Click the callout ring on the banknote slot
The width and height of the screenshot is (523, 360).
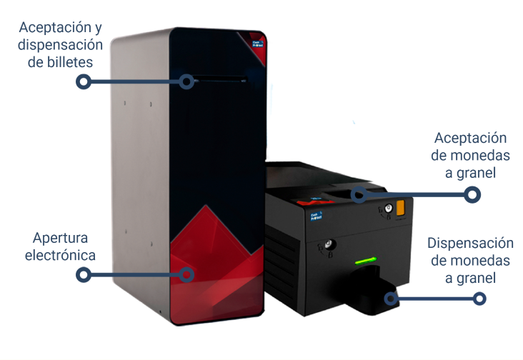click(x=188, y=81)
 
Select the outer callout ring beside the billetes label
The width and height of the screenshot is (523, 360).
click(x=84, y=81)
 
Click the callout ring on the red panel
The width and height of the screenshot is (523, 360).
click(x=188, y=274)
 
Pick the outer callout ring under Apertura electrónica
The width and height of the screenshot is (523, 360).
click(x=84, y=274)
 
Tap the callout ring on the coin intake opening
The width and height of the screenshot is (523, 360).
click(x=357, y=194)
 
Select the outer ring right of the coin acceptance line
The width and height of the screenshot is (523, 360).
click(x=472, y=194)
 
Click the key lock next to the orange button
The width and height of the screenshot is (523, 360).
click(x=387, y=209)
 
